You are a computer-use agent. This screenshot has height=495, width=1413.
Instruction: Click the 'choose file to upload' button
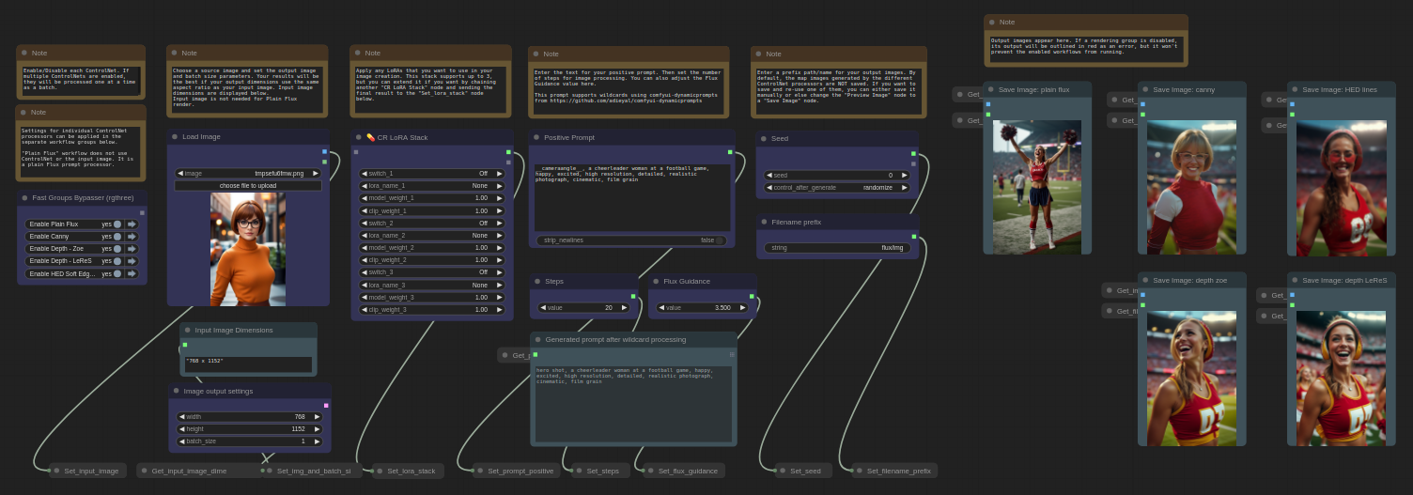(248, 186)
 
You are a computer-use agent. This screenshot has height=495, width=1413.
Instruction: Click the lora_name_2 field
(431, 235)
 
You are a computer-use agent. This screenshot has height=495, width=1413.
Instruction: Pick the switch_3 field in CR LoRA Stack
(431, 272)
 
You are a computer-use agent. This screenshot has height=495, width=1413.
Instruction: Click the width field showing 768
(249, 416)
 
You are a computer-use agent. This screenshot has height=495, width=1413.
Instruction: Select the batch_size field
(249, 441)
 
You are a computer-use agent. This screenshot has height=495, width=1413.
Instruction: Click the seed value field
(836, 175)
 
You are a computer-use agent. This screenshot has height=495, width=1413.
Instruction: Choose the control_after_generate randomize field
(836, 187)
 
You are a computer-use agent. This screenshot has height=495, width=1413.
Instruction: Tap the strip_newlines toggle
(631, 240)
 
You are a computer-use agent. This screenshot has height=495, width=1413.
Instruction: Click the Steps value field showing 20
(583, 307)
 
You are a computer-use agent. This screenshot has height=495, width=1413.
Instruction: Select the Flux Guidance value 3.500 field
(703, 307)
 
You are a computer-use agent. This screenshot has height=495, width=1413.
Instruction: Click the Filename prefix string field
(837, 248)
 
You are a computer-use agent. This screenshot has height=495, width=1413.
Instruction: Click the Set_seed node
(804, 471)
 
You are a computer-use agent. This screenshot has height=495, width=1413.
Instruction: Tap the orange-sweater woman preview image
(248, 249)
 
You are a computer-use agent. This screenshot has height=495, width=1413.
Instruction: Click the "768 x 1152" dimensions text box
(248, 363)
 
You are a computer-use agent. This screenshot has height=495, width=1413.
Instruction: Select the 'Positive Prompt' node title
(569, 137)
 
